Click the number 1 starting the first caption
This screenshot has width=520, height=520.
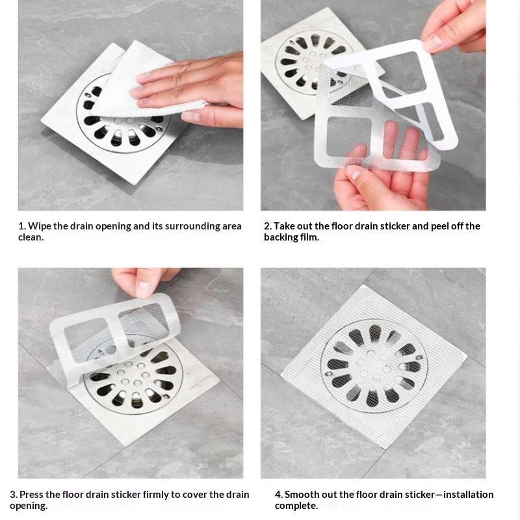(21, 226)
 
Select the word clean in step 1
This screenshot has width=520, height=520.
(31, 237)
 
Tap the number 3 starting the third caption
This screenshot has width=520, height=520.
(13, 495)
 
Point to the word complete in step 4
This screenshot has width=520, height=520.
(296, 506)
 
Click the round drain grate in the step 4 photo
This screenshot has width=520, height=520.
(374, 366)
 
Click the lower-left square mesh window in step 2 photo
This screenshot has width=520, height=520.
(349, 136)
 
